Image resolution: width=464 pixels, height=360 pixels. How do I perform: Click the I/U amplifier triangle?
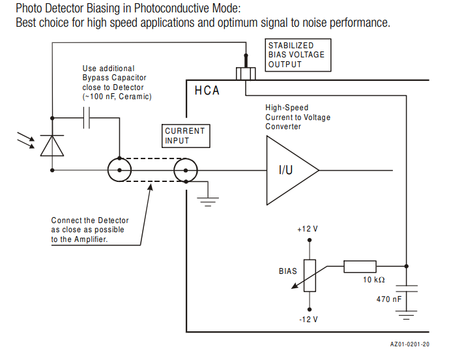(289, 170)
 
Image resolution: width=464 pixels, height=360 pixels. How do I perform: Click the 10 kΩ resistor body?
(360, 266)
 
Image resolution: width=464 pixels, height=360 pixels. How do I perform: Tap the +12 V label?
(308, 230)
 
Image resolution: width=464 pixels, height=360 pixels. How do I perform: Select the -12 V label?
(308, 320)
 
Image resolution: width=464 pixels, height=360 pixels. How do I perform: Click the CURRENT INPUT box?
(185, 136)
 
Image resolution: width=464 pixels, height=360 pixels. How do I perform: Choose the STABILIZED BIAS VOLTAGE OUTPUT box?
(298, 55)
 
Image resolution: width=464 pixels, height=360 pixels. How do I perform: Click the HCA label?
(207, 91)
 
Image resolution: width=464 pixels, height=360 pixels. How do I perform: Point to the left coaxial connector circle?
(119, 171)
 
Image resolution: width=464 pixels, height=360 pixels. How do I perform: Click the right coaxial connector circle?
(186, 171)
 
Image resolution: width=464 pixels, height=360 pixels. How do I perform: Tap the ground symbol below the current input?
(208, 202)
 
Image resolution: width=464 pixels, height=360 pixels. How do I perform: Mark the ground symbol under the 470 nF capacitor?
(407, 317)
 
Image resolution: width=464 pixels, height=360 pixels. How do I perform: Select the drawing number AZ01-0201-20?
(410, 344)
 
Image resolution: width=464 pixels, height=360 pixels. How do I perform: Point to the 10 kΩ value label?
(374, 280)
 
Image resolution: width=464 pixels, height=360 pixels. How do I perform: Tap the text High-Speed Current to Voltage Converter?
(297, 117)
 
